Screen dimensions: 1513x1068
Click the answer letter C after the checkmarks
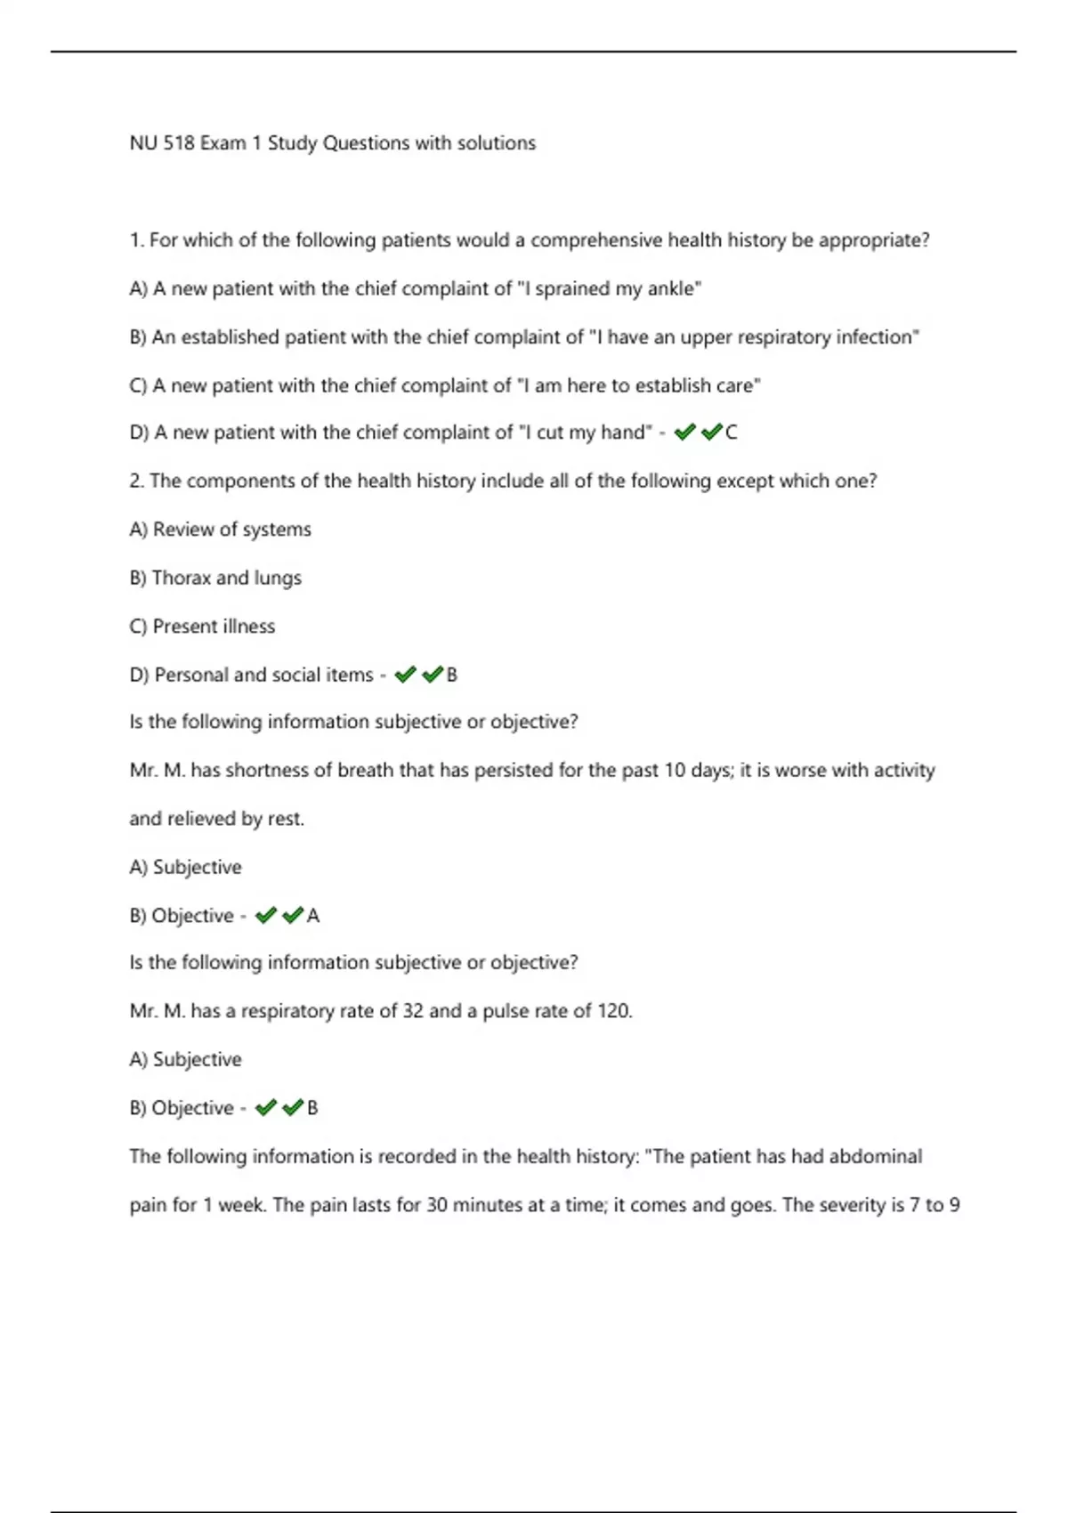click(x=732, y=433)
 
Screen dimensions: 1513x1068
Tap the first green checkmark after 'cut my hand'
click(x=684, y=433)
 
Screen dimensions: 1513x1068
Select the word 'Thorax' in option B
click(x=181, y=578)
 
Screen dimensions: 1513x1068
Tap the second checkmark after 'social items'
click(x=433, y=676)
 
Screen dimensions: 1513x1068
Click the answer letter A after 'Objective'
click(x=313, y=916)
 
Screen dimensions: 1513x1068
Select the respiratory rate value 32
click(x=413, y=1012)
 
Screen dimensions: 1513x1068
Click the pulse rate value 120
click(x=613, y=1012)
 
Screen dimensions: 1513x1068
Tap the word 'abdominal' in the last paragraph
click(x=876, y=1157)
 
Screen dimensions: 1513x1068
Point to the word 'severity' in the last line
click(x=854, y=1205)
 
